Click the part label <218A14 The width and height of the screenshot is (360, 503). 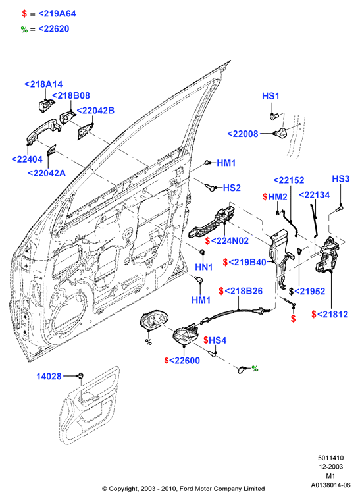tap(43, 84)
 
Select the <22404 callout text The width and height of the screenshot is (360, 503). tap(27, 159)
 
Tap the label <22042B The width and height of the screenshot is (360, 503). tap(95, 111)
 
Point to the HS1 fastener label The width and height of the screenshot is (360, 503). tap(270, 96)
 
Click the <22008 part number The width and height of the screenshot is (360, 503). tap(243, 134)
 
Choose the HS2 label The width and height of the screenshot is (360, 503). tap(232, 188)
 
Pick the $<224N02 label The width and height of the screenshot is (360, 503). tap(227, 240)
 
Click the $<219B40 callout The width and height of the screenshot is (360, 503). tap(245, 263)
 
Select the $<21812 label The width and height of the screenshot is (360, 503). tap(330, 315)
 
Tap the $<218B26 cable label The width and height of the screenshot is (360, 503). tap(241, 291)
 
